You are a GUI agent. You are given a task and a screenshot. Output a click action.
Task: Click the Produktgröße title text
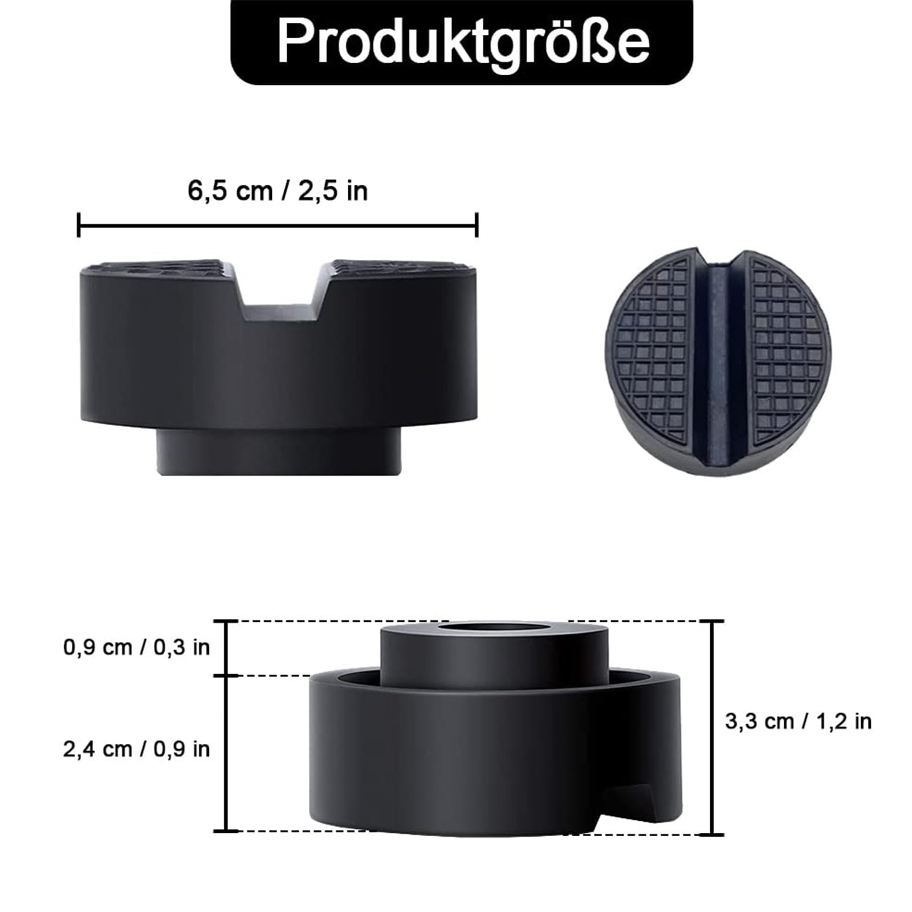tap(462, 41)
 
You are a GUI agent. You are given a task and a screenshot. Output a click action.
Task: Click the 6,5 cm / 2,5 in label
tap(278, 190)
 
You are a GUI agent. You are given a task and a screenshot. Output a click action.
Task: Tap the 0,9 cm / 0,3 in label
tap(137, 647)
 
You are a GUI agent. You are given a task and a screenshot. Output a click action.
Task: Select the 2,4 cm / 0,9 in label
tap(137, 748)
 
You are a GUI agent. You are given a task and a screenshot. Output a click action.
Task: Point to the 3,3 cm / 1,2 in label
tap(798, 721)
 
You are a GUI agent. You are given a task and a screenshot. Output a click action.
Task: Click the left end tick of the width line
tap(79, 225)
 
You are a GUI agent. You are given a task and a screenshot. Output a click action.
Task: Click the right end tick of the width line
tap(477, 225)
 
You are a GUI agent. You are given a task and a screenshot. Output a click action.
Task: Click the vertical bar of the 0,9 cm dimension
tap(227, 648)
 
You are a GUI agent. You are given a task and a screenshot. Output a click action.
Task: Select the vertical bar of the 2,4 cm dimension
tap(227, 752)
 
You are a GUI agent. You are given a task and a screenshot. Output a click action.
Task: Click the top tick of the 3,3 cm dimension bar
tap(711, 621)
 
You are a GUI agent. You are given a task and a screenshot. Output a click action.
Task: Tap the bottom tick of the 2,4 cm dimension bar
tap(227, 830)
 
